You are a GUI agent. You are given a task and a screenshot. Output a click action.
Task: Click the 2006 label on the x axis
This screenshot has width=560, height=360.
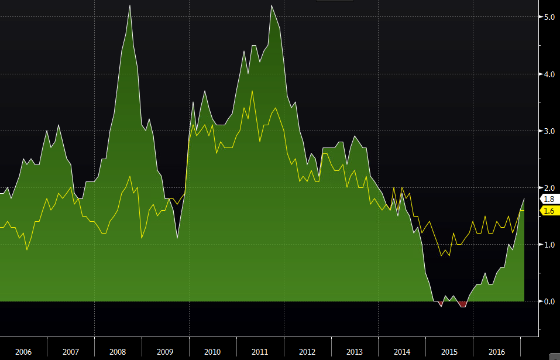click(x=23, y=352)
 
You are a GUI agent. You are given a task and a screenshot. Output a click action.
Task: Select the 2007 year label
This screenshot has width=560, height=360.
click(x=71, y=352)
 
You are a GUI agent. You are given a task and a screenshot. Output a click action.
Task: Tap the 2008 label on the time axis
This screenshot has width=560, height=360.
click(x=118, y=352)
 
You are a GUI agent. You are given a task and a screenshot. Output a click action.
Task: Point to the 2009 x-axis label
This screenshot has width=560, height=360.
click(x=165, y=352)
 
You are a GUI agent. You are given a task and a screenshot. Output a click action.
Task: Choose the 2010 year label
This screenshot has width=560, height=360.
click(x=212, y=352)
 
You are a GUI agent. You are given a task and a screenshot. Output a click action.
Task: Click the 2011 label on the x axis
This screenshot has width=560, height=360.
click(x=260, y=352)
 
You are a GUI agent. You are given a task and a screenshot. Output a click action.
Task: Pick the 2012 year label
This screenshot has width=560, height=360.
click(x=307, y=352)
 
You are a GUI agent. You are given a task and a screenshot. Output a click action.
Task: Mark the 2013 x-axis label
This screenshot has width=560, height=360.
click(x=355, y=352)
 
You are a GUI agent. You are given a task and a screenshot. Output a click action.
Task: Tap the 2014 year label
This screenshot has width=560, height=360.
click(x=402, y=352)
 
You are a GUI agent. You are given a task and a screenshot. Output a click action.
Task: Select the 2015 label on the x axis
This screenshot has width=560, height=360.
click(x=449, y=352)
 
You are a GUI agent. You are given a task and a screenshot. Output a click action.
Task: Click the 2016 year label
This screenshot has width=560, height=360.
click(x=496, y=352)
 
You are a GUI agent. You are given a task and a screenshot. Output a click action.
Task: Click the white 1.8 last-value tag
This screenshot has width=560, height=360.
click(x=549, y=199)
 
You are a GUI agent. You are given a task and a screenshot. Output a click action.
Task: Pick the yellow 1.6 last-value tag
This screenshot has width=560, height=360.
click(x=549, y=211)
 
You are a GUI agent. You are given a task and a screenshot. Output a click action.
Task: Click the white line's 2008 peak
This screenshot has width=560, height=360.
click(x=129, y=5)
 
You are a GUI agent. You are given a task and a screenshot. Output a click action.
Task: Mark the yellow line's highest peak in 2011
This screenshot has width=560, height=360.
click(x=252, y=91)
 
